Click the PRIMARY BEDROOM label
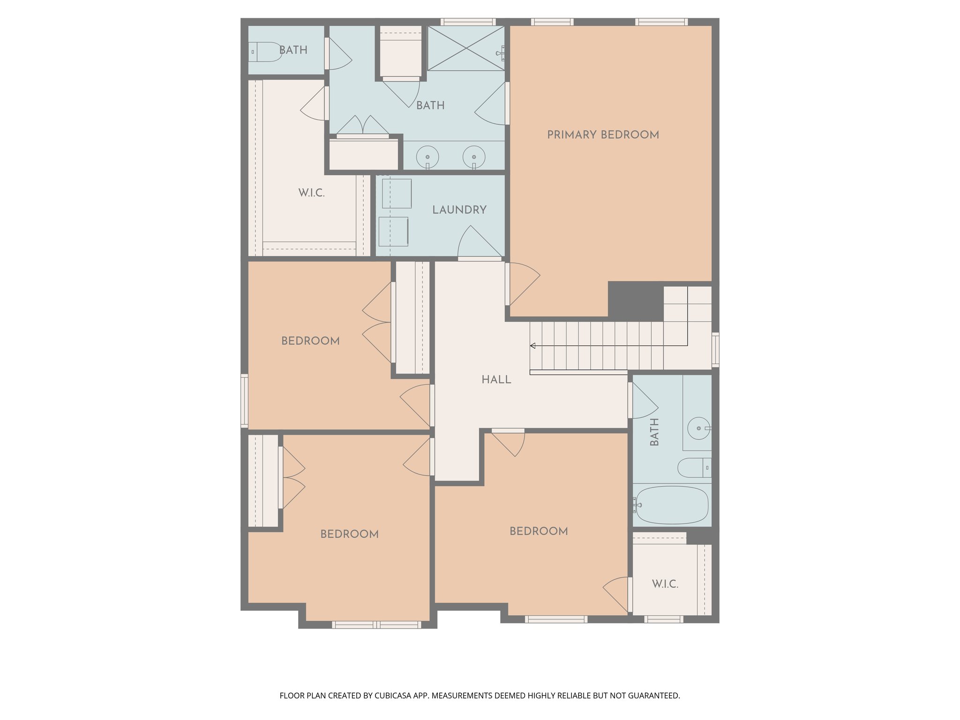[603, 135]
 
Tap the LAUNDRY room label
[459, 210]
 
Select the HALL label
[496, 380]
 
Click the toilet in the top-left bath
[265, 52]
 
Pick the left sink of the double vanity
[427, 156]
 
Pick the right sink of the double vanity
[474, 156]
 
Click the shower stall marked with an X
[465, 48]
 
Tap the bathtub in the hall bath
[671, 505]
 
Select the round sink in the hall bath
[698, 428]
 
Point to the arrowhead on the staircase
[533, 346]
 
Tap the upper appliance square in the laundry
[397, 194]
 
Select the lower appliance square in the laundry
[393, 232]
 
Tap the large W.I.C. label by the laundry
[311, 193]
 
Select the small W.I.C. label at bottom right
[665, 584]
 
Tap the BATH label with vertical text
[655, 432]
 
